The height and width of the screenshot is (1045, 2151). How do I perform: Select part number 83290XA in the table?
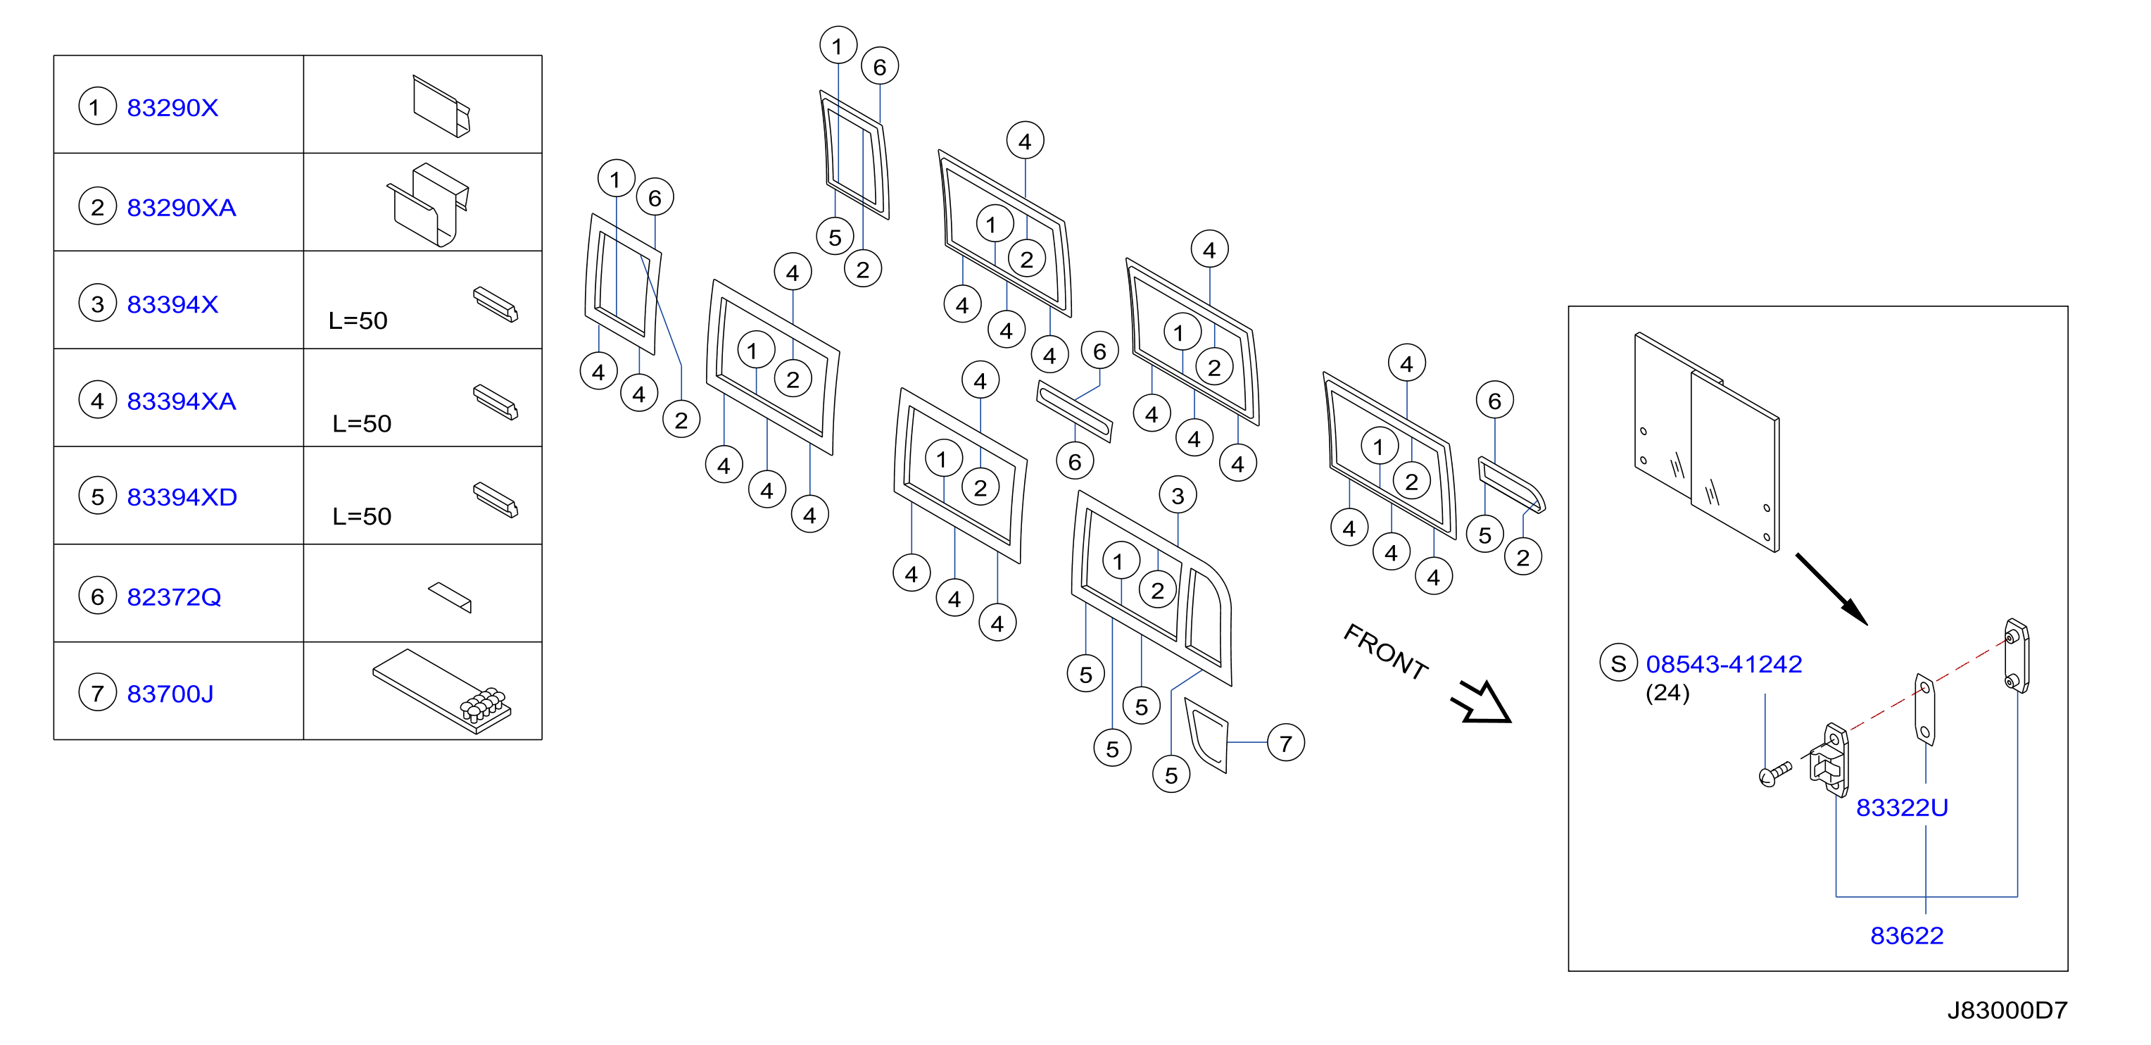pyautogui.click(x=181, y=207)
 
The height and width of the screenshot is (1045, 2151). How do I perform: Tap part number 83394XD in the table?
pyautogui.click(x=182, y=497)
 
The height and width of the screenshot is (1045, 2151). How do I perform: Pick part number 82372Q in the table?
pyautogui.click(x=174, y=596)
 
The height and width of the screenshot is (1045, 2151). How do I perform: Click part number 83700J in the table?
pyautogui.click(x=170, y=694)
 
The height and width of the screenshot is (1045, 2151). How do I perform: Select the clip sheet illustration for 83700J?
pyautogui.click(x=442, y=691)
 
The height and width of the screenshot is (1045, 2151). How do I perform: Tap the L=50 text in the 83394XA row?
pyautogui.click(x=362, y=423)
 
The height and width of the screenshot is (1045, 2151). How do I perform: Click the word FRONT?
pyautogui.click(x=1385, y=651)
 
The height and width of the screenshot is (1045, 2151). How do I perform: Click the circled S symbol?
pyautogui.click(x=1618, y=663)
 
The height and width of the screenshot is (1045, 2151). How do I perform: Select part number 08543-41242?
pyautogui.click(x=1724, y=664)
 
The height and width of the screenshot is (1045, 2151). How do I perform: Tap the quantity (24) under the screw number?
pyautogui.click(x=1667, y=694)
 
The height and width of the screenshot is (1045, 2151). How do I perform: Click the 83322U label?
pyautogui.click(x=1901, y=808)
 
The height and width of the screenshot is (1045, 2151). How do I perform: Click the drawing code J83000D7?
pyautogui.click(x=2007, y=1010)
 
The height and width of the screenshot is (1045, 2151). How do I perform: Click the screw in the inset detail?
pyautogui.click(x=1774, y=773)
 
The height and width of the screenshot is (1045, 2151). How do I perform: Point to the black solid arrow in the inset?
pyautogui.click(x=1831, y=588)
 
